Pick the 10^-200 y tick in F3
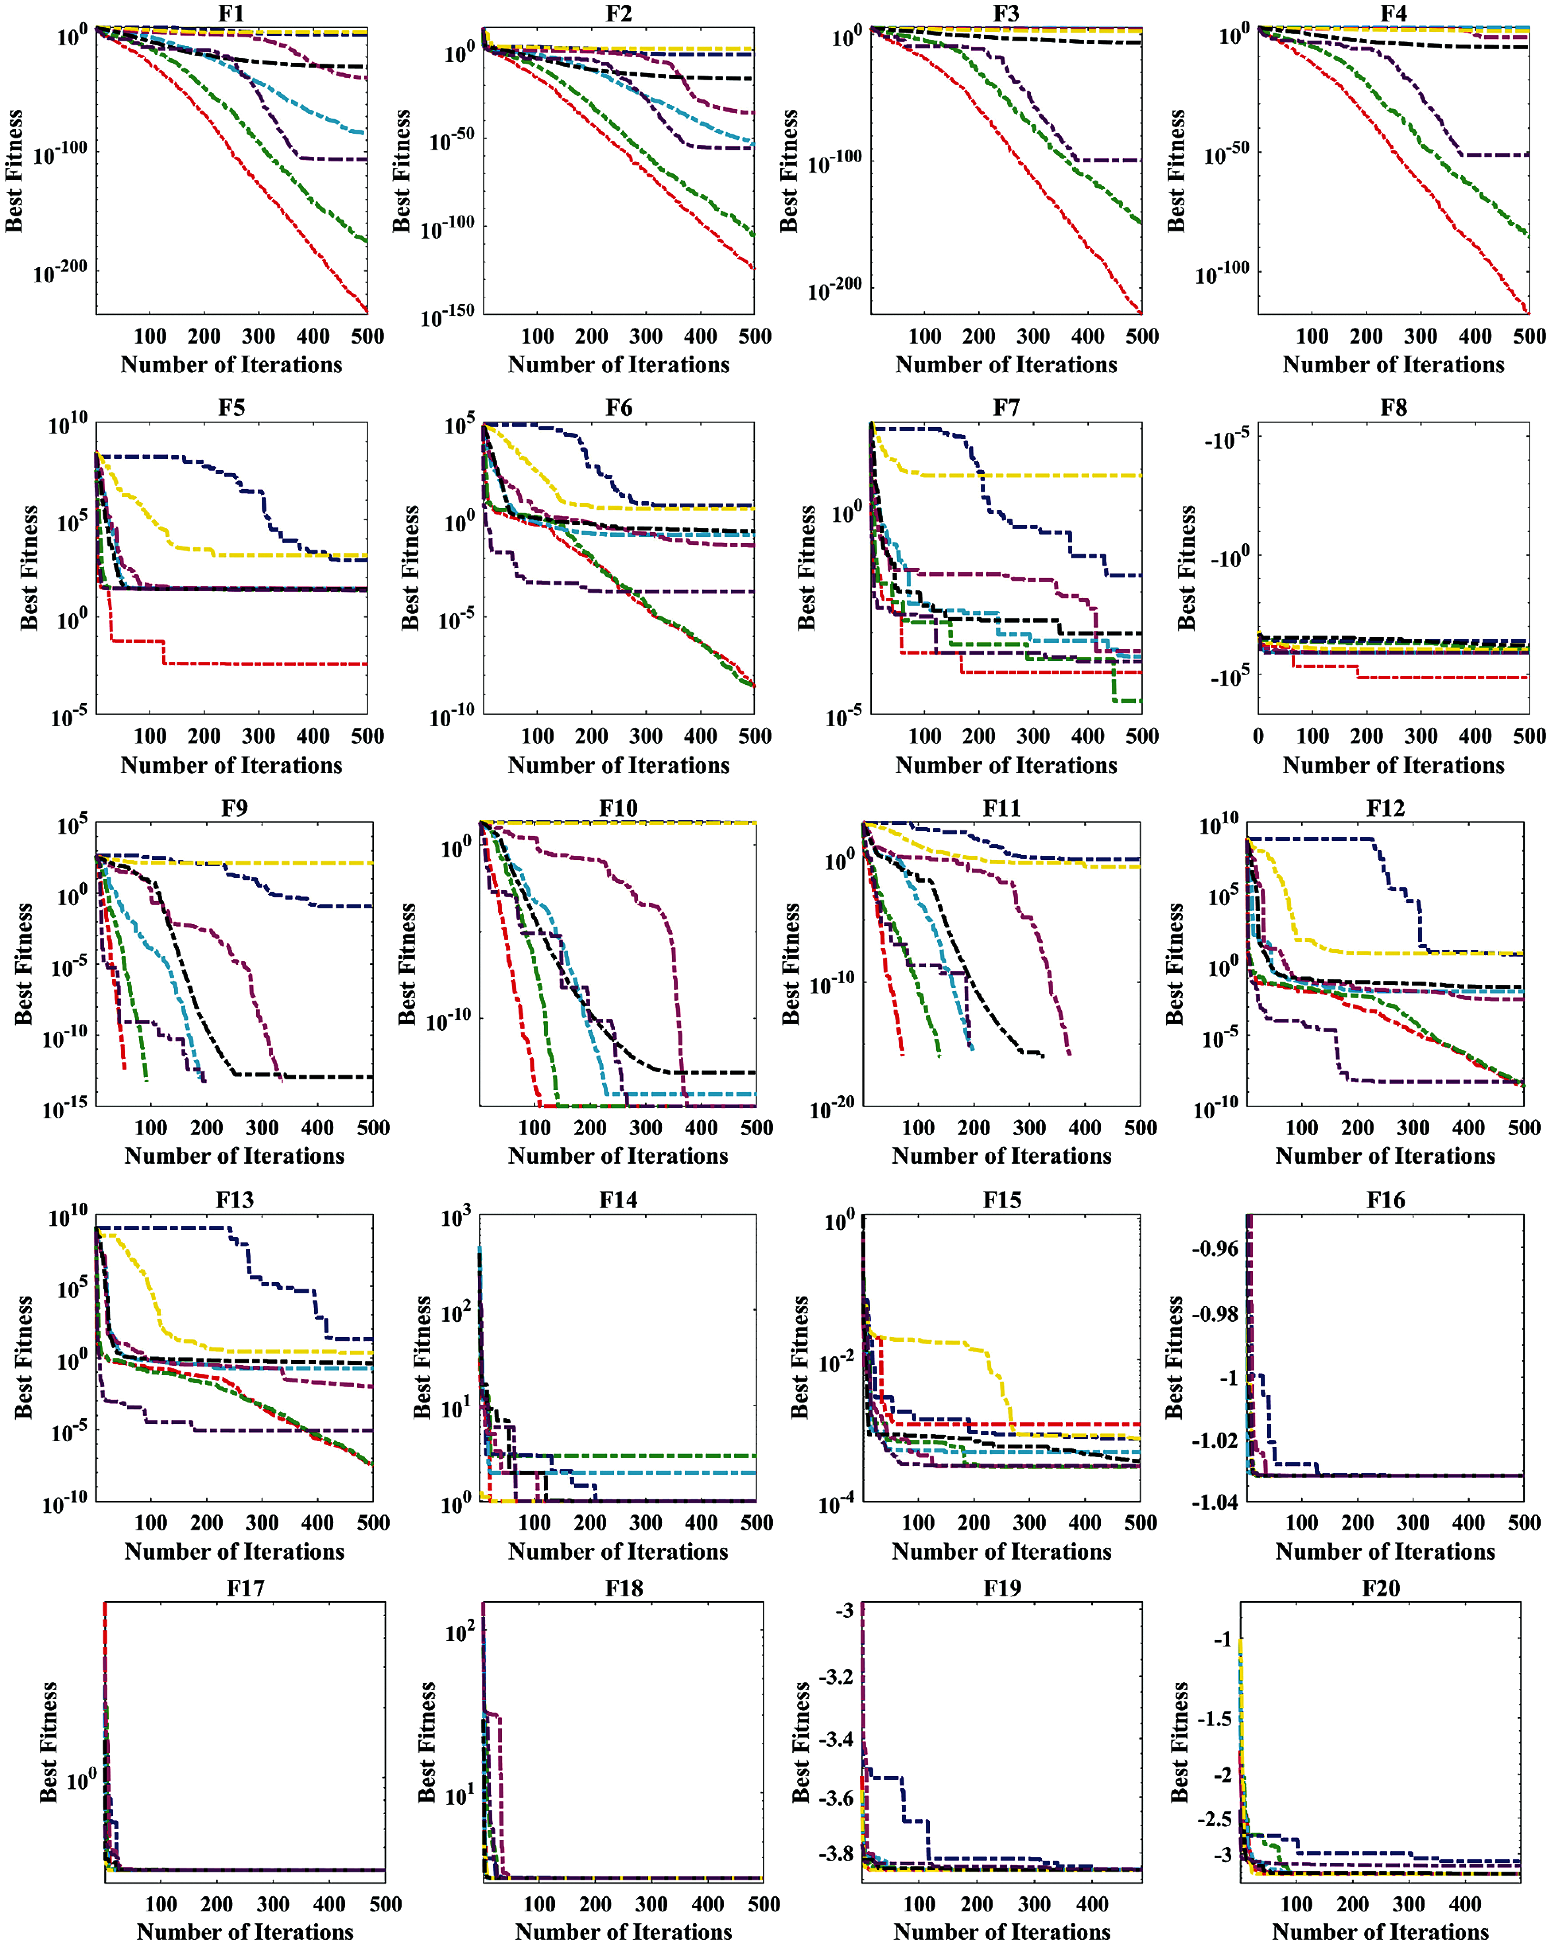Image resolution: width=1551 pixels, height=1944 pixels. pyautogui.click(x=836, y=290)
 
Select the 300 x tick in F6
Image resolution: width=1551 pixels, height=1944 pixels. pyautogui.click(x=645, y=736)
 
